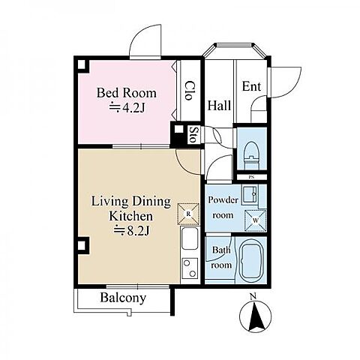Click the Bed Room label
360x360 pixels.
(127, 93)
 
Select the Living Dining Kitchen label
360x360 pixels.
(131, 208)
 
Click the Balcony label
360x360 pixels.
(123, 298)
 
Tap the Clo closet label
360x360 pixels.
(190, 90)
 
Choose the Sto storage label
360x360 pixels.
(192, 134)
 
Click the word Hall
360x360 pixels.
(219, 105)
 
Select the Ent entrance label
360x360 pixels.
(251, 86)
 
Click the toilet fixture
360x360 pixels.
(251, 155)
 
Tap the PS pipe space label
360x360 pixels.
(251, 177)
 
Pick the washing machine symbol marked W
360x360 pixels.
(256, 220)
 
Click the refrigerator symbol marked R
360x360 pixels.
(188, 214)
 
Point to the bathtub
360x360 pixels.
(250, 261)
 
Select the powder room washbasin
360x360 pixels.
(250, 193)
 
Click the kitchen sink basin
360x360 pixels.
(190, 238)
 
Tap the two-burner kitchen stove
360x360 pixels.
(190, 268)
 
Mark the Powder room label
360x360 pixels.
(223, 208)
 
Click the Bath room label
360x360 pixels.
(221, 257)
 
